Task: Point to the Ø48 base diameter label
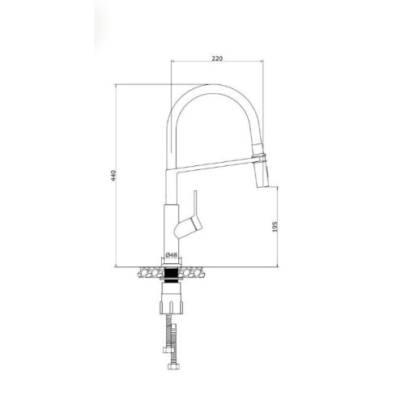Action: [x=172, y=254]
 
